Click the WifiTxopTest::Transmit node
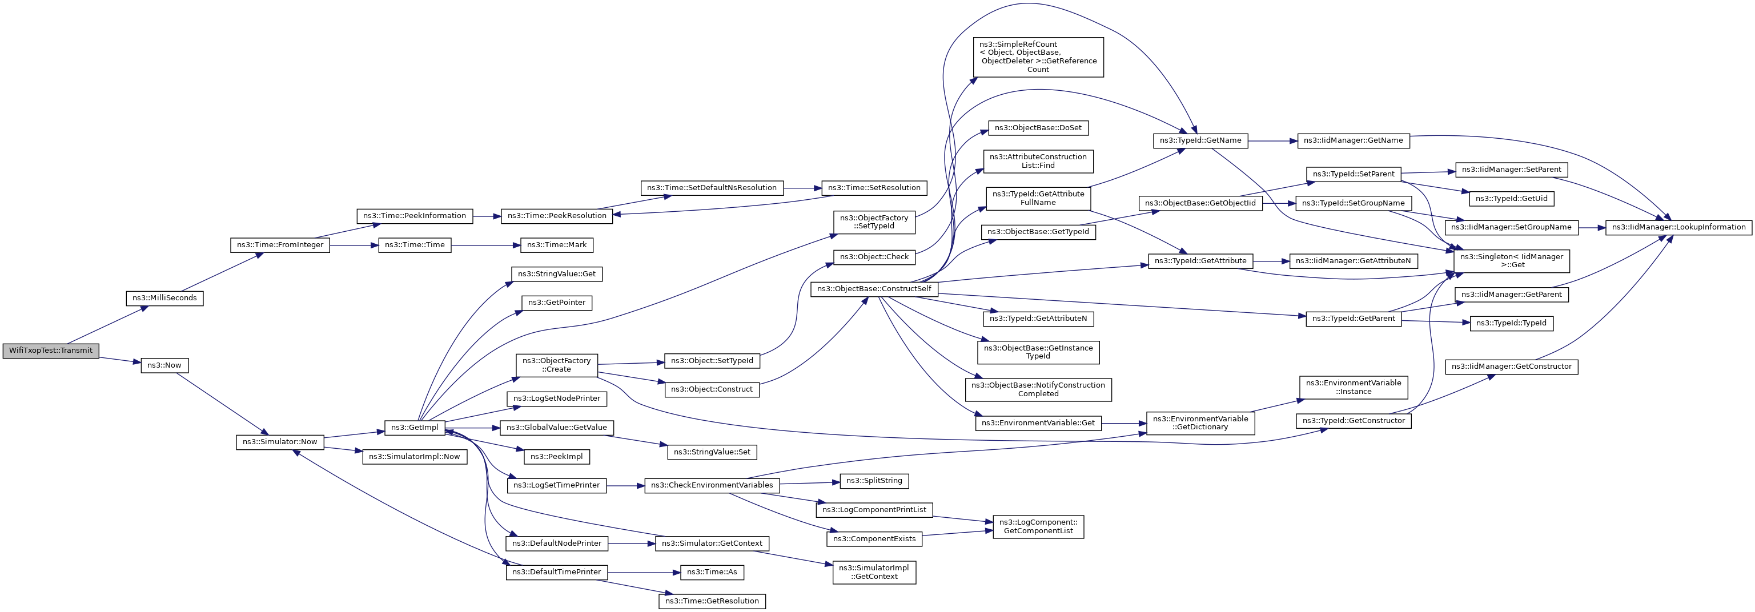click(51, 351)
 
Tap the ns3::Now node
click(164, 365)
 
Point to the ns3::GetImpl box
click(415, 428)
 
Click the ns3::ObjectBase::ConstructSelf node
click(874, 289)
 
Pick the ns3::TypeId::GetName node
click(1200, 141)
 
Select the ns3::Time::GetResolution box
click(712, 601)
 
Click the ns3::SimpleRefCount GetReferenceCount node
click(1038, 57)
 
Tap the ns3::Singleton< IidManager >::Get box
click(1512, 261)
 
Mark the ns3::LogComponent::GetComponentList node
click(1038, 527)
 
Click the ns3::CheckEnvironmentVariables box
click(712, 485)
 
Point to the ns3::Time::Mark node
click(557, 245)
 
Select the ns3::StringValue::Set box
click(712, 452)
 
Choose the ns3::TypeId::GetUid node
click(1511, 199)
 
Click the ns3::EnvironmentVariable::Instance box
click(1353, 387)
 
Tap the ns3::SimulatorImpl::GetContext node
click(874, 573)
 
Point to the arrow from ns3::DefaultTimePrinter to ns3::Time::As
click(644, 573)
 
